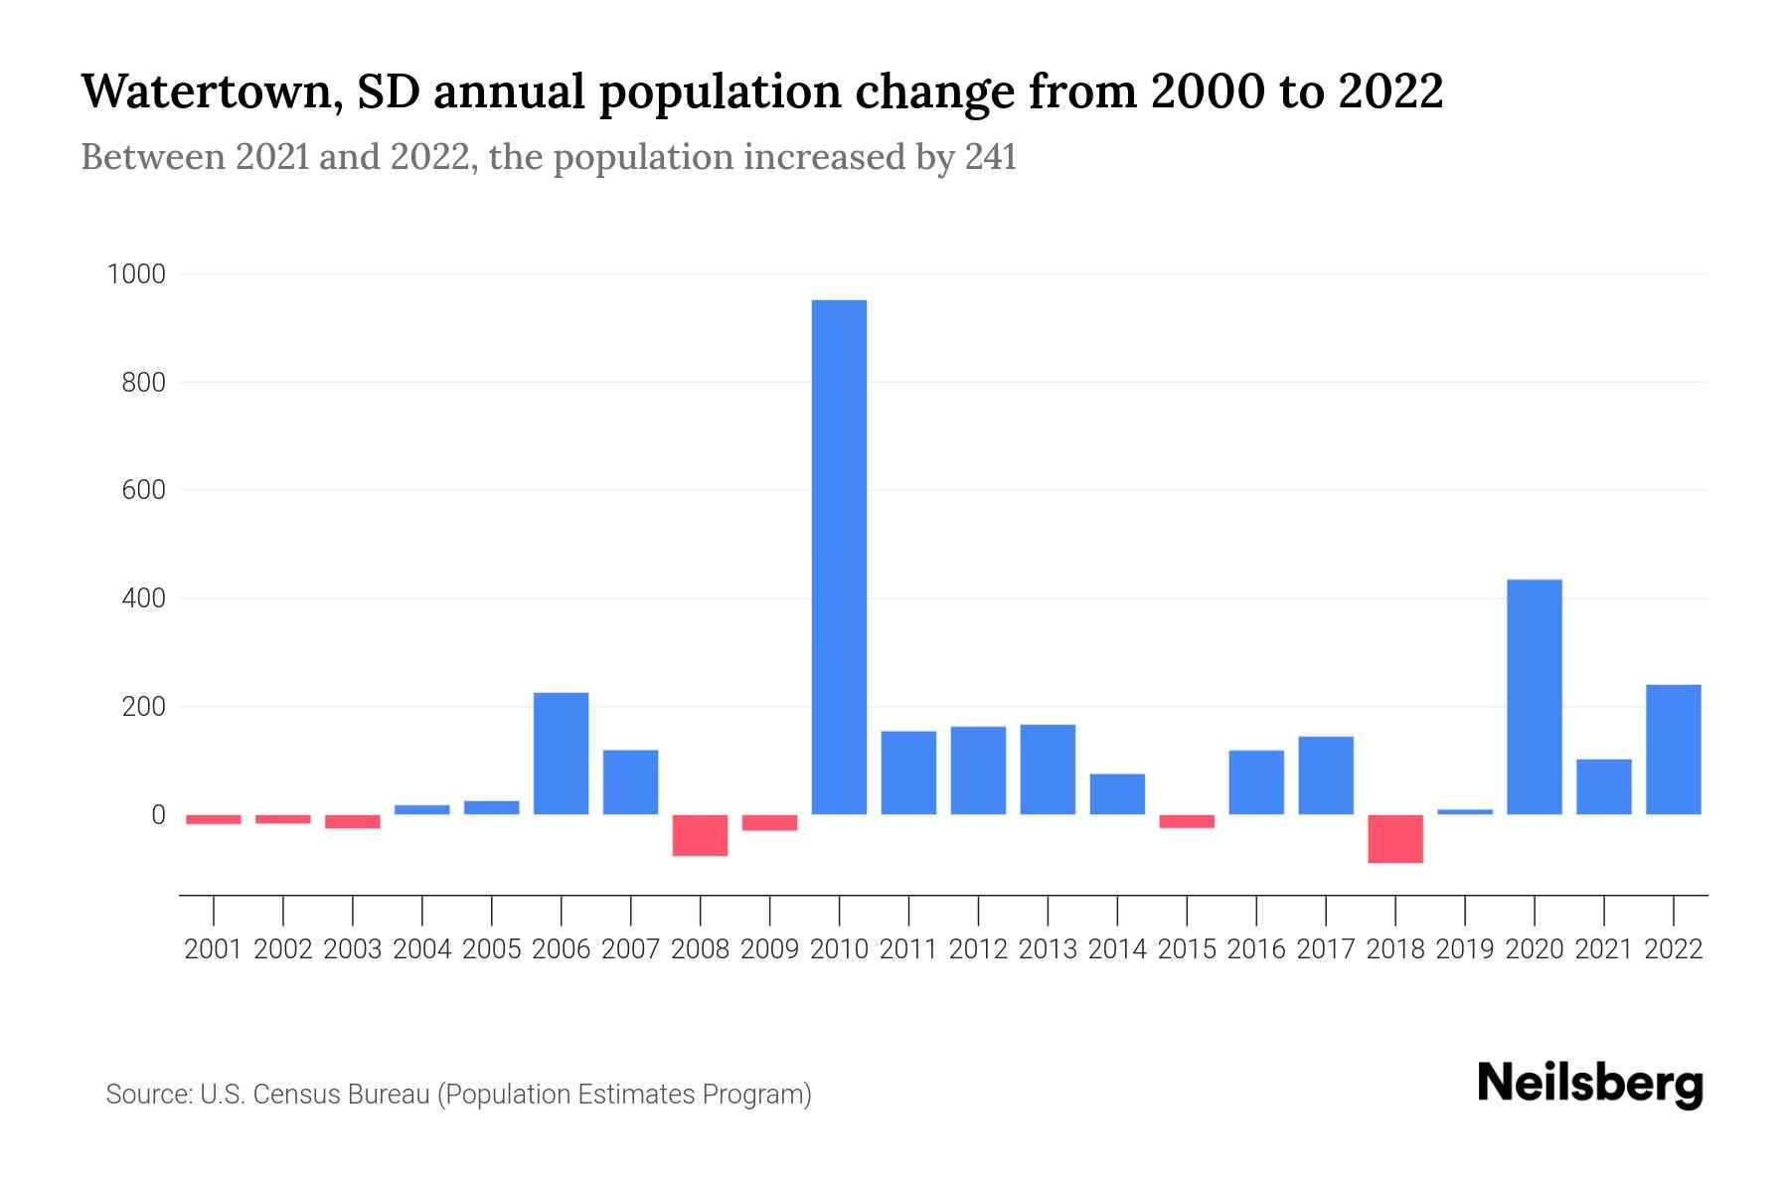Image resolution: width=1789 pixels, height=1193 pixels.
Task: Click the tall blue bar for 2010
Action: pos(839,557)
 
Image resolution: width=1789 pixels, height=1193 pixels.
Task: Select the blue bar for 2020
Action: pos(1534,696)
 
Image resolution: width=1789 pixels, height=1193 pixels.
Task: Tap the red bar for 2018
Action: pos(1394,839)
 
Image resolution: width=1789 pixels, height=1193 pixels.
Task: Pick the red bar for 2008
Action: pos(700,835)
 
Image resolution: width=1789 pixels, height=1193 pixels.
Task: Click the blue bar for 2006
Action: pos(561,754)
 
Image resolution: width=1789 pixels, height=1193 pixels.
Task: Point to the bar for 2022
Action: pos(1673,750)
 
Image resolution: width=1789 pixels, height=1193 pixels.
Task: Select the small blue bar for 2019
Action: pos(1464,812)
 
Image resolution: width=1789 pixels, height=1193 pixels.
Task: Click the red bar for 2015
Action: pos(1186,821)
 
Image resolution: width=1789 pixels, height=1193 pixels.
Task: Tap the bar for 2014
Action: pos(1117,793)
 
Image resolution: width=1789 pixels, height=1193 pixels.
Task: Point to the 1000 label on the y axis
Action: pos(136,274)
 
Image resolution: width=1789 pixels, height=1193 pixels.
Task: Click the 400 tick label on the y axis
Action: pos(144,598)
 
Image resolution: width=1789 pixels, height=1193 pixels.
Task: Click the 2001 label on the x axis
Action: pos(214,949)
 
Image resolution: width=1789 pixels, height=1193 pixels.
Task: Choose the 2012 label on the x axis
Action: pos(978,949)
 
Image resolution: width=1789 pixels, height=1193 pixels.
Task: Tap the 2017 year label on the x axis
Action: pos(1325,949)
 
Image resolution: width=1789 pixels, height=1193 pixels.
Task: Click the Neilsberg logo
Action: pos(1590,1084)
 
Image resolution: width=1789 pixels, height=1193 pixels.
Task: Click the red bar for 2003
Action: pos(353,821)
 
